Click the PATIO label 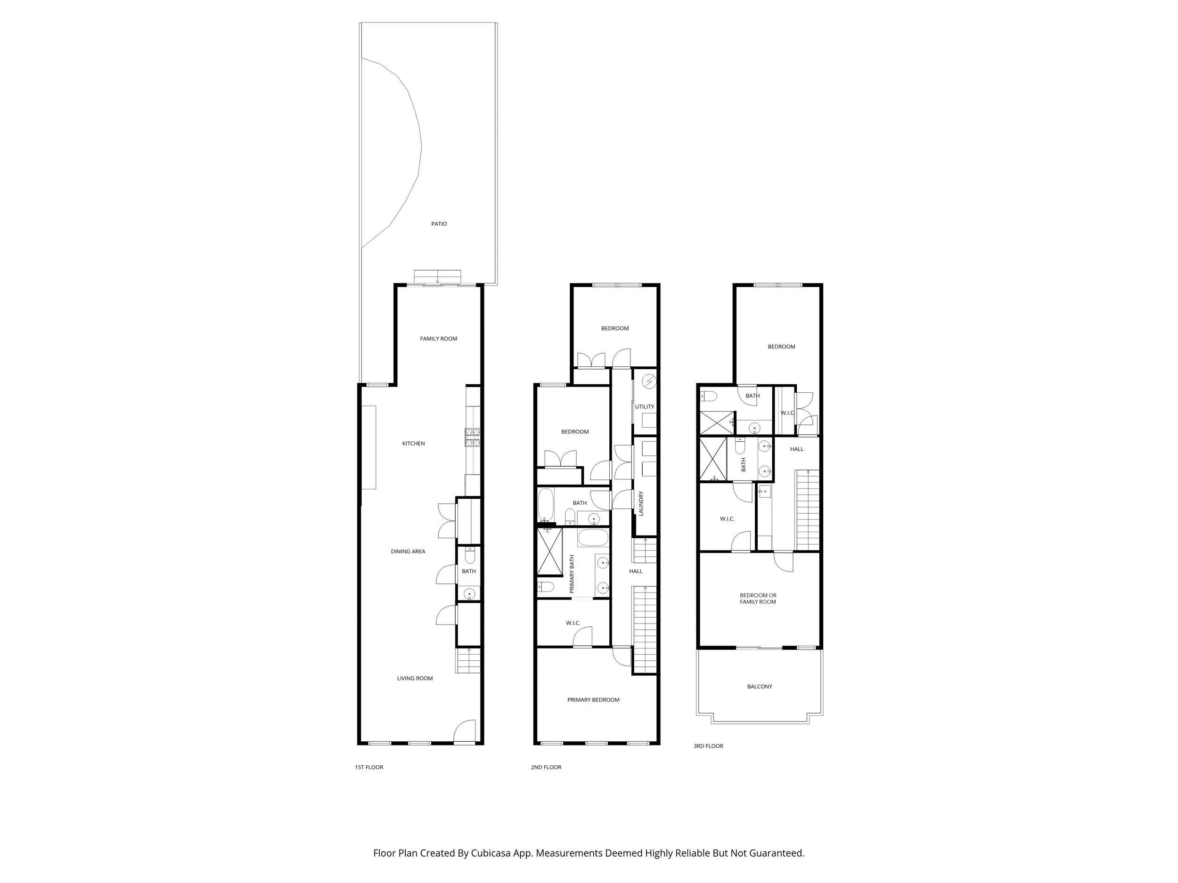click(439, 224)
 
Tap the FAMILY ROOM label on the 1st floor click(438, 339)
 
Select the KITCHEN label click(413, 443)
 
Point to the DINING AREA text click(408, 551)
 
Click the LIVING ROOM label click(415, 678)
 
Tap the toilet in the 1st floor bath click(470, 556)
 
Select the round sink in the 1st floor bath click(469, 593)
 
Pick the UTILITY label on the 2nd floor click(645, 406)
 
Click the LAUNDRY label click(641, 503)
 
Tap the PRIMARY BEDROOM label click(593, 700)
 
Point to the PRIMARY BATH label click(572, 574)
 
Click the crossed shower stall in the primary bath click(549, 551)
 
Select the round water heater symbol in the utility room click(649, 381)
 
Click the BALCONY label click(760, 687)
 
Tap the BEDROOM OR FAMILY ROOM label click(758, 598)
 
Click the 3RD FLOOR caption click(708, 745)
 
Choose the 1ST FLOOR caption click(369, 767)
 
